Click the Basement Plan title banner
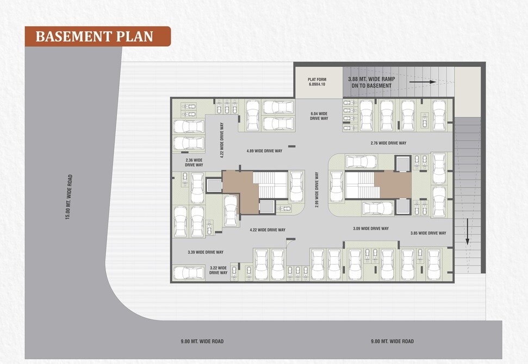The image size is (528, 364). pyautogui.click(x=98, y=36)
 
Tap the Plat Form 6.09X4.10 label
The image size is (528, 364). pyautogui.click(x=317, y=82)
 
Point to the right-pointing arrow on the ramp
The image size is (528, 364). pyautogui.click(x=423, y=82)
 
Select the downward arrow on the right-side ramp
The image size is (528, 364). pyautogui.click(x=468, y=231)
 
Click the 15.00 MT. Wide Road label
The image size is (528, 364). pyautogui.click(x=69, y=197)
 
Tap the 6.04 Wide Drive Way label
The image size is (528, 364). pyautogui.click(x=319, y=116)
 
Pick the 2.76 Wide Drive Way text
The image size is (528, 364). pyautogui.click(x=388, y=143)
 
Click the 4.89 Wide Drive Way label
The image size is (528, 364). pyautogui.click(x=264, y=151)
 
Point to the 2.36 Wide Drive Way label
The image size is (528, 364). pyautogui.click(x=194, y=163)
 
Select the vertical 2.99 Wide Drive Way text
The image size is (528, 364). pyautogui.click(x=317, y=190)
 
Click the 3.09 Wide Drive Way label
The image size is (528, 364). pyautogui.click(x=371, y=229)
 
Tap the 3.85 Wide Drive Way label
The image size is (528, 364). pyautogui.click(x=428, y=233)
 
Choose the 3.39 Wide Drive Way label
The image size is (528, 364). pyautogui.click(x=206, y=252)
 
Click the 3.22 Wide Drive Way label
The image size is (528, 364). pyautogui.click(x=219, y=270)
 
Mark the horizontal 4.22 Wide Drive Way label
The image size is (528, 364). pyautogui.click(x=268, y=230)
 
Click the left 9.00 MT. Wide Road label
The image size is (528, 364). pyautogui.click(x=202, y=341)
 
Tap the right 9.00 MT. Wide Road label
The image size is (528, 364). pyautogui.click(x=392, y=341)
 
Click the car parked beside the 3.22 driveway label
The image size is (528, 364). pyautogui.click(x=189, y=273)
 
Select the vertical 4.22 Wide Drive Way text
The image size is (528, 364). pyautogui.click(x=222, y=140)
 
